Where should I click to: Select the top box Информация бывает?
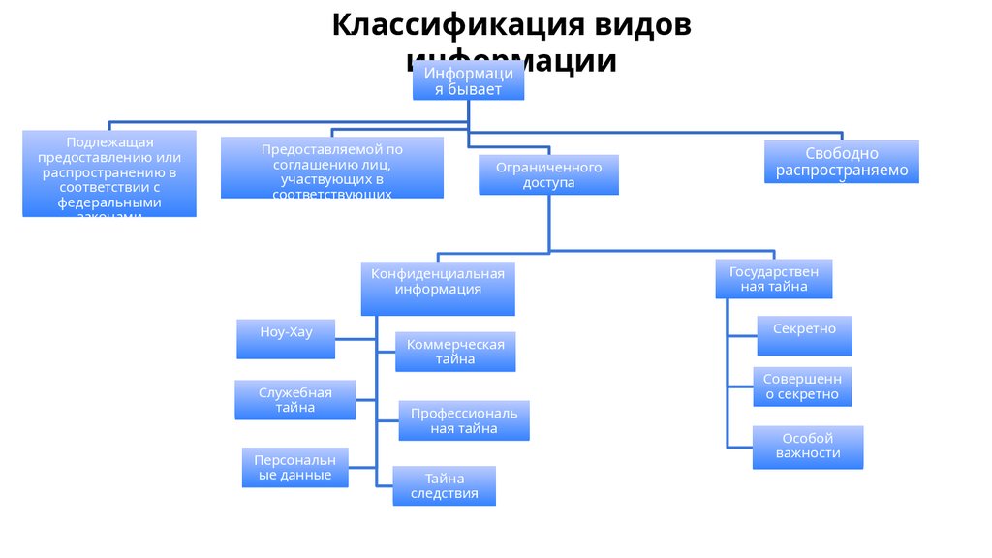click(x=468, y=81)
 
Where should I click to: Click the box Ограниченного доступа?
click(x=548, y=174)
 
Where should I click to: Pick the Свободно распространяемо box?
click(x=841, y=162)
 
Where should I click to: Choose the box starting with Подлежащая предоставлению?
click(x=109, y=173)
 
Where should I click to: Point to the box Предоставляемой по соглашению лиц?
click(x=331, y=168)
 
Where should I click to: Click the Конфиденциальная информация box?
click(x=438, y=288)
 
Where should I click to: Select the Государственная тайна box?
click(x=774, y=279)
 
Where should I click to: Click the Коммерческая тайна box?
click(x=455, y=352)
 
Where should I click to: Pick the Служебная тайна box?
click(x=294, y=399)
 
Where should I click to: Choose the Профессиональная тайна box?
click(x=464, y=420)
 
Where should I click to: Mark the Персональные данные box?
click(x=294, y=467)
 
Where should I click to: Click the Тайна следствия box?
click(x=444, y=485)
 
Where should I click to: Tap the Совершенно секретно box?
click(x=802, y=387)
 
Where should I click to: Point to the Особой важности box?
click(x=808, y=447)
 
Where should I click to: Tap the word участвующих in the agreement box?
click(x=332, y=179)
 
